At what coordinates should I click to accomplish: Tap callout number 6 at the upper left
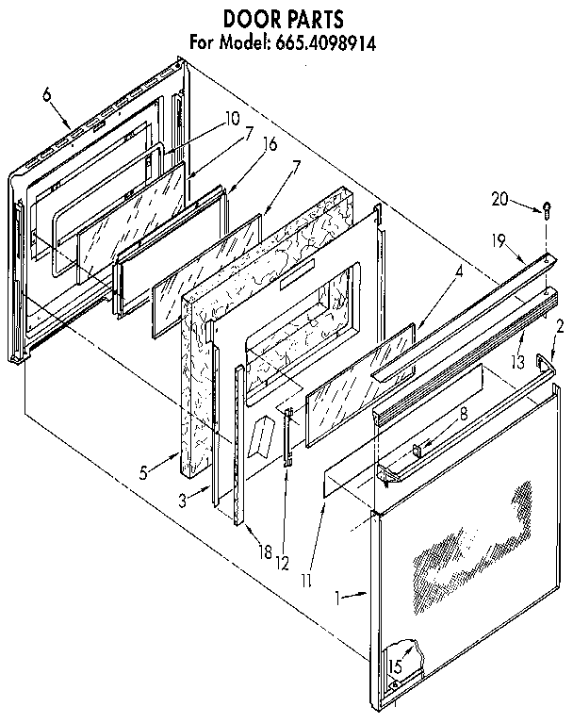[47, 92]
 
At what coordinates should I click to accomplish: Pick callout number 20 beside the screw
[499, 198]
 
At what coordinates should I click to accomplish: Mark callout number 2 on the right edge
[561, 327]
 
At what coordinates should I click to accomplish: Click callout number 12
[282, 563]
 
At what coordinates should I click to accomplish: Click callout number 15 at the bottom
[396, 666]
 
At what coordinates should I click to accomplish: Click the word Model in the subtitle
[242, 42]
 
